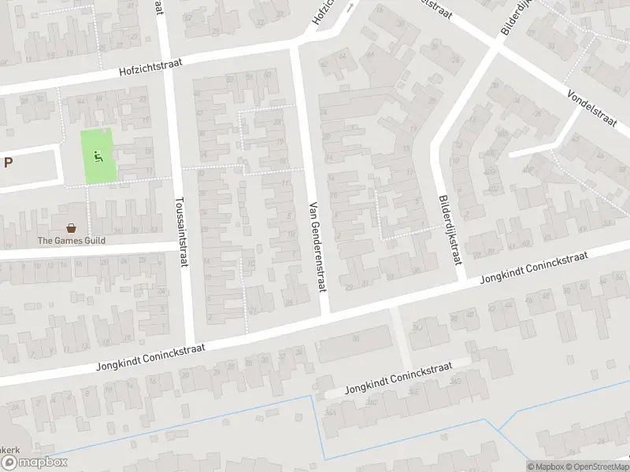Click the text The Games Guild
click(x=72, y=241)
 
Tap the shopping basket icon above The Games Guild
click(x=72, y=227)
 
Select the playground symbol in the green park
click(x=98, y=156)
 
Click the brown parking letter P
click(x=8, y=163)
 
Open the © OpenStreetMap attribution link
click(x=596, y=466)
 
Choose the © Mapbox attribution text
click(x=546, y=466)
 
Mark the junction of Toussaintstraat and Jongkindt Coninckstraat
click(x=189, y=348)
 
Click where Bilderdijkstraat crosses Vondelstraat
click(x=496, y=46)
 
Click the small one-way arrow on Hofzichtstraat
click(x=351, y=4)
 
